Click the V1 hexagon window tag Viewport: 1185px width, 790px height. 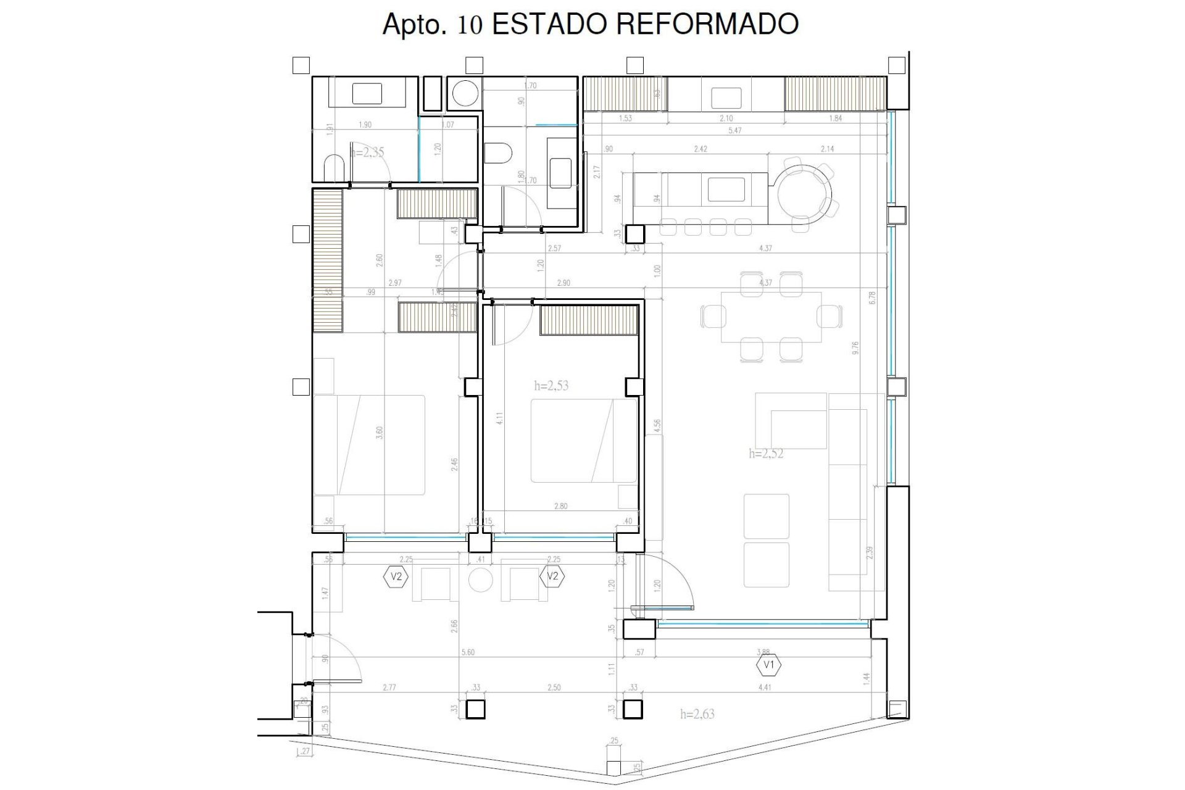coord(769,665)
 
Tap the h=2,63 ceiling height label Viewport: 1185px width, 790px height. coord(697,714)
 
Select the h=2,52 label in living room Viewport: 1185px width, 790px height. coord(766,454)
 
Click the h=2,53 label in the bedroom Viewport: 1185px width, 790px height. coord(551,386)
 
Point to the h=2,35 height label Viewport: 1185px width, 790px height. coord(368,152)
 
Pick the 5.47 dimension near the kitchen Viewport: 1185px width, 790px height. coord(734,131)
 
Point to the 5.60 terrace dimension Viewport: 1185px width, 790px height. coord(468,652)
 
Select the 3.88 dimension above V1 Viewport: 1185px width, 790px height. coord(763,652)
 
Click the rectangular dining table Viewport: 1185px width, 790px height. coord(771,317)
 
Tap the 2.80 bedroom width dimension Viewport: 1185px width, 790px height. coord(560,506)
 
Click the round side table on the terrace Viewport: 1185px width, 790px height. coord(480,581)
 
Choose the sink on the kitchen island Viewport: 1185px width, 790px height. coord(727,189)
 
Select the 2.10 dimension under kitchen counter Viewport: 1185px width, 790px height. coord(726,118)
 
